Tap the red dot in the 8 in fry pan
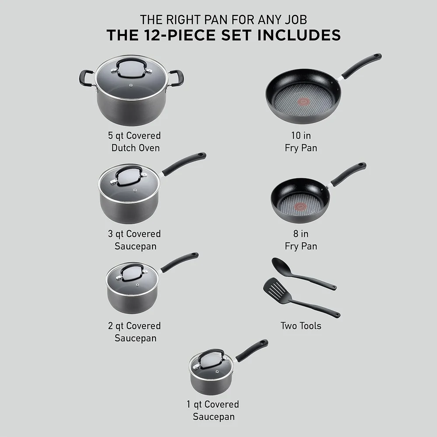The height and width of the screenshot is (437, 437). [300, 206]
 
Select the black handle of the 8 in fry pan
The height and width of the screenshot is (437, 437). [348, 173]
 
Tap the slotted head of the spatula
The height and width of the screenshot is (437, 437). [273, 288]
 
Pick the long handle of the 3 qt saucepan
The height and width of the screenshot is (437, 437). [184, 163]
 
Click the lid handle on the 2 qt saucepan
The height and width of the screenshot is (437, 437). [131, 271]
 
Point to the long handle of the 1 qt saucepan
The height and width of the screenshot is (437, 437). [252, 350]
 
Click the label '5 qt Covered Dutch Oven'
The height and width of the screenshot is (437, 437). [135, 142]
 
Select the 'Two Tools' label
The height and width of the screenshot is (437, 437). [301, 326]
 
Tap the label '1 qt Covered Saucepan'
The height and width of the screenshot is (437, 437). [214, 410]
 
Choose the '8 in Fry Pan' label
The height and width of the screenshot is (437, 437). [301, 240]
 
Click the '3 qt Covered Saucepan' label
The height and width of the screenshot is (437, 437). [135, 240]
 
